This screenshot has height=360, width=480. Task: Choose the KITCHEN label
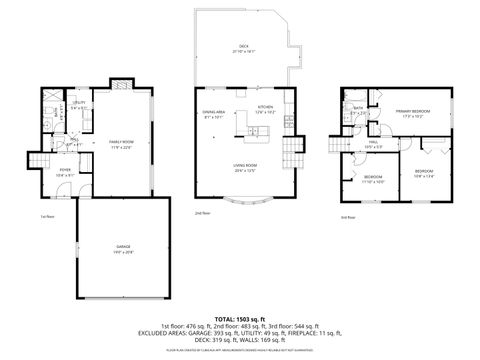coord(265,107)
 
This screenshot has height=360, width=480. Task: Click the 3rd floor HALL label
coord(374,145)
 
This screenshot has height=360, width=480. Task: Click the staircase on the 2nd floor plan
coord(291,155)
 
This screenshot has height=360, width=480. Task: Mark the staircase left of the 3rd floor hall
coord(338,145)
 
